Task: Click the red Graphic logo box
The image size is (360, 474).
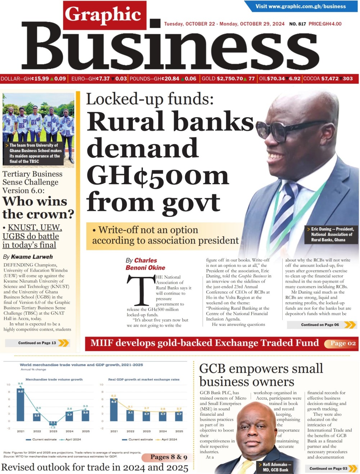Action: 104,15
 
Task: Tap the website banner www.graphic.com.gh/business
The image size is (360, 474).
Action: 300,6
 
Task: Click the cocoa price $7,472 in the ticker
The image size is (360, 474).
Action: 330,79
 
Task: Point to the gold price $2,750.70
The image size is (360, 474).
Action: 229,79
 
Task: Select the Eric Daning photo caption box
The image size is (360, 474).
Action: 332,234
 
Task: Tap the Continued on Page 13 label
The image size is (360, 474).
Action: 37,343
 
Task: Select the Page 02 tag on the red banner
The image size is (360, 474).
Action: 343,343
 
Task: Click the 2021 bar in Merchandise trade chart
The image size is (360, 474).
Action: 21,405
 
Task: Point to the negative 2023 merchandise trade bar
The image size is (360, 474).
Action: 53,423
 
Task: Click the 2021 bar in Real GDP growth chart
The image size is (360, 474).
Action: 114,410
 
